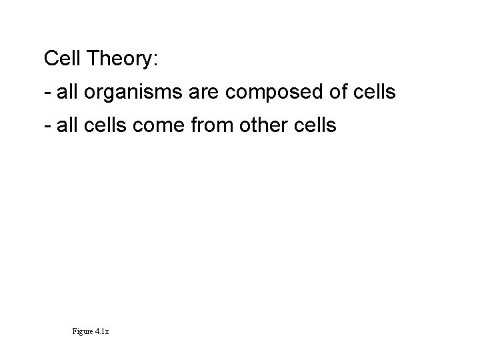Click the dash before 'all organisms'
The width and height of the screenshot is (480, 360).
point(47,93)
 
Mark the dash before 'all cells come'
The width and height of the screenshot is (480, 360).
point(47,125)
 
